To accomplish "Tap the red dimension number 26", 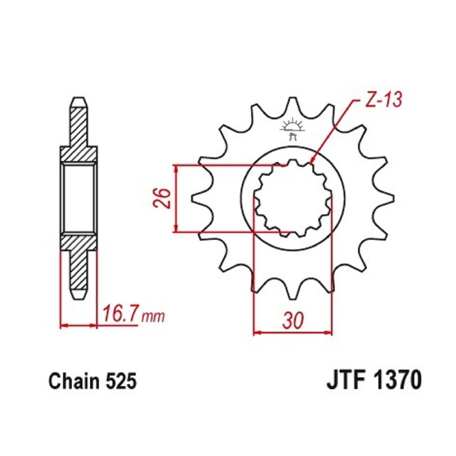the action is (162, 198).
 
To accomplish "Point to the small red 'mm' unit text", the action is (152, 317).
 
